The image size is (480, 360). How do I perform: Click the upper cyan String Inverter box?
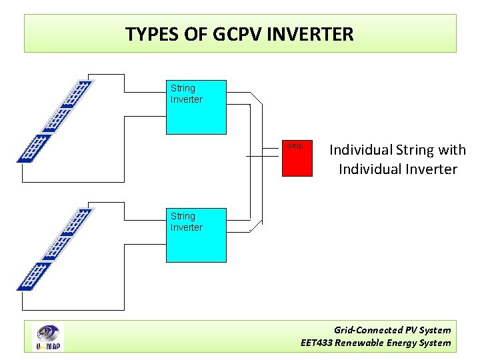(196, 117)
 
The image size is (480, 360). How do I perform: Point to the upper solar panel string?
(55, 121)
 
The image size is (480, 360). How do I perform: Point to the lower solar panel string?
(55, 249)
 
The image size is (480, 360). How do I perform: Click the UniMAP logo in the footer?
(49, 337)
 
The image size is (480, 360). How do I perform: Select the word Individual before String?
(360, 150)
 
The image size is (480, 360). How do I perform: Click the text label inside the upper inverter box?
(186, 94)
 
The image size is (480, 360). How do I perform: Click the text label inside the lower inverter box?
(186, 222)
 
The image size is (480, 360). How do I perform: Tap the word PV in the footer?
(411, 330)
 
